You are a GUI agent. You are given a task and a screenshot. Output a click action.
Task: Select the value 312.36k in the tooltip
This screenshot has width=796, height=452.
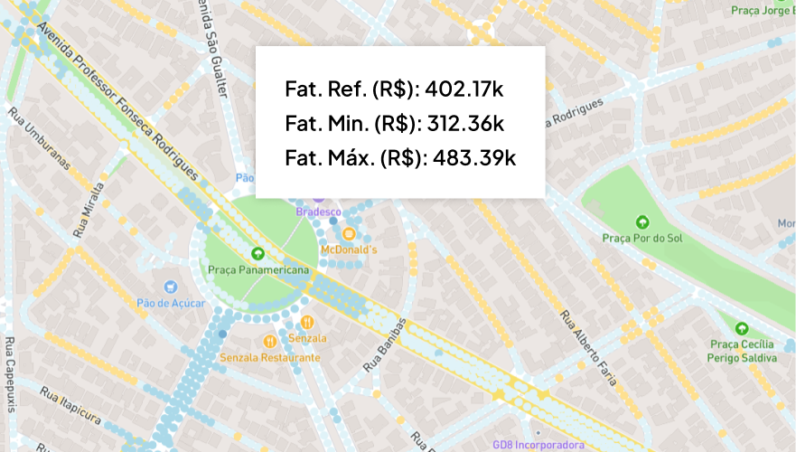click(469, 123)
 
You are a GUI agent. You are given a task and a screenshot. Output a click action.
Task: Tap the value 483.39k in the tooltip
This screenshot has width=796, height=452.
click(474, 157)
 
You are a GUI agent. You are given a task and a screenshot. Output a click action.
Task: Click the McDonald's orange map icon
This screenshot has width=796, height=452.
click(348, 233)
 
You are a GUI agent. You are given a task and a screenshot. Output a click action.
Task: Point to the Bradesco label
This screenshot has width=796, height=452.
click(317, 211)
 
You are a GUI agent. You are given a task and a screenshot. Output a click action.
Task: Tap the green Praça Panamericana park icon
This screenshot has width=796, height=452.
click(258, 254)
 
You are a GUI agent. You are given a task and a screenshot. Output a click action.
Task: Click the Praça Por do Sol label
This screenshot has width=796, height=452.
click(641, 238)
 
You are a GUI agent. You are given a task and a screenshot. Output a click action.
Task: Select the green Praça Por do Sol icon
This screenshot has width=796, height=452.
click(642, 221)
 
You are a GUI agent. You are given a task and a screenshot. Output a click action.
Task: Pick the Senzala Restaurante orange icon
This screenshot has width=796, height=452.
click(269, 341)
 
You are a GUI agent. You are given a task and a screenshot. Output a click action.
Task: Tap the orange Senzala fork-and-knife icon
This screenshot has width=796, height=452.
click(307, 321)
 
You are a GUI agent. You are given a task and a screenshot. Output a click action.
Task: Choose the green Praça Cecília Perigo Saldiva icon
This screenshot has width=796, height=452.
click(742, 328)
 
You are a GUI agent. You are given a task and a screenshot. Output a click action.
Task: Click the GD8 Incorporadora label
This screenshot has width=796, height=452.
click(538, 445)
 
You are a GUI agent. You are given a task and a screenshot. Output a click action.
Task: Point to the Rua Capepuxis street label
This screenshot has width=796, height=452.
click(10, 374)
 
